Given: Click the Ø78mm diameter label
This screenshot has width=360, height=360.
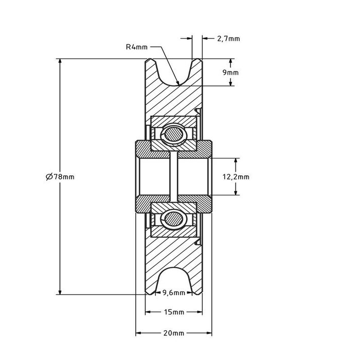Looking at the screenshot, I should tap(60, 176).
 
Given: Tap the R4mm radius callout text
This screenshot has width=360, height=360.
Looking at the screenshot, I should tap(137, 47).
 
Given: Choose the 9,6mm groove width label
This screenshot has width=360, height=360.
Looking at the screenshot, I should tap(173, 293).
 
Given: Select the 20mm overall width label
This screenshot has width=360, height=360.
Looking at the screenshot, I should tap(173, 333).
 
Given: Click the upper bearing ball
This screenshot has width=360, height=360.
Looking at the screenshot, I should tap(173, 135).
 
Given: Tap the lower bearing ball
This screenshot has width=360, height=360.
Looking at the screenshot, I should tap(173, 218).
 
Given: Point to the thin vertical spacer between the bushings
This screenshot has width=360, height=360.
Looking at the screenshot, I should tap(173, 176).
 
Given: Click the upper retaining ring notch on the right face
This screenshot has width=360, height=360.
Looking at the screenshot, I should tap(199, 110).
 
